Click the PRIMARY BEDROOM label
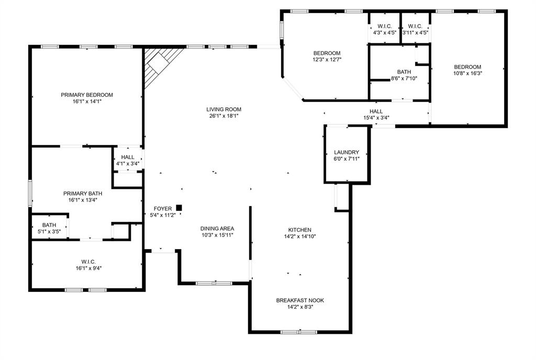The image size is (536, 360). coord(87,95)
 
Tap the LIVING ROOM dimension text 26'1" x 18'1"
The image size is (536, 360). coord(224,116)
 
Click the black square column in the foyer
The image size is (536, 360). coord(179,208)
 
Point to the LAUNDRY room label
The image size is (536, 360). coord(347,152)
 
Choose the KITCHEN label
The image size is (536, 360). coord(300,230)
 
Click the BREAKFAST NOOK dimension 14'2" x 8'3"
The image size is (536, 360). coord(300,307)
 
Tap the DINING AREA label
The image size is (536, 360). coord(217,228)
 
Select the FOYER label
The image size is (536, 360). coord(163,209)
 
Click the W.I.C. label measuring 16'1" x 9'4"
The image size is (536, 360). coord(88,262)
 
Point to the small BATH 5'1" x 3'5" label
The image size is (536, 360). coord(49,225)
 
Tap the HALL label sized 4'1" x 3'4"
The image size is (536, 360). coord(128,157)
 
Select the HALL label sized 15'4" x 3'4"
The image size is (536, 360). coord(376,111)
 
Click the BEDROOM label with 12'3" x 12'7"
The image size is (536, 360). coord(327,53)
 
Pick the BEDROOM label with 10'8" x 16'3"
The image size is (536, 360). coord(467,66)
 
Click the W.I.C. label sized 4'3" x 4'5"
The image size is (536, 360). coord(385,26)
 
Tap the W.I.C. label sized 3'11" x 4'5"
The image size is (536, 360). coord(415,26)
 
